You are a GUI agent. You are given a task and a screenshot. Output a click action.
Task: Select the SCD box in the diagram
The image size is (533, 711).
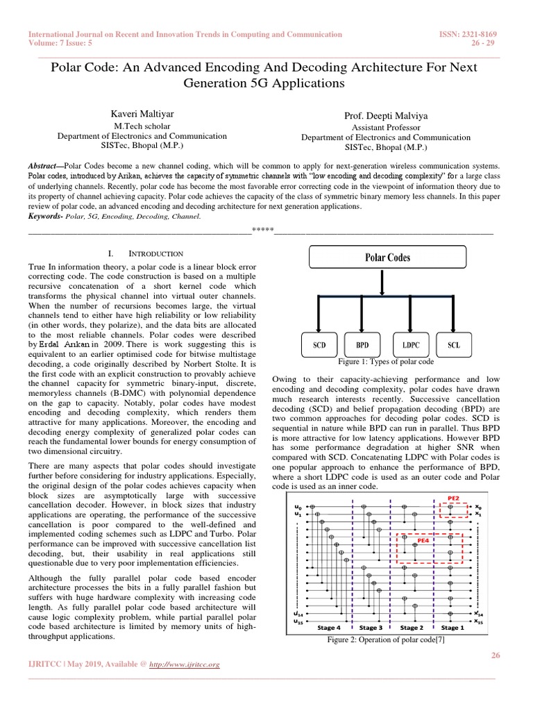[x=319, y=344]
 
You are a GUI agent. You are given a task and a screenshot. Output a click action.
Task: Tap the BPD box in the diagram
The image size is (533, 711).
[x=362, y=344]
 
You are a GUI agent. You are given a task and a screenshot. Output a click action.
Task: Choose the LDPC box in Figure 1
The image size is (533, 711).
[x=409, y=344]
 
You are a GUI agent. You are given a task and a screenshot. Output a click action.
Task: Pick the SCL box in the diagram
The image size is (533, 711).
[x=453, y=344]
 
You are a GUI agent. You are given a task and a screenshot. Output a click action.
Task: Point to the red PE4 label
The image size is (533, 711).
[x=422, y=539]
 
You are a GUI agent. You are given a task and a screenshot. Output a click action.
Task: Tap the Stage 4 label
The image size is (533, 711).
[x=328, y=627]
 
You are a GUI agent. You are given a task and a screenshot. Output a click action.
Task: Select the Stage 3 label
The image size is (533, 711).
[x=370, y=627]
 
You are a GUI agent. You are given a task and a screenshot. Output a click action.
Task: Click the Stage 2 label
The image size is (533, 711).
[x=412, y=627]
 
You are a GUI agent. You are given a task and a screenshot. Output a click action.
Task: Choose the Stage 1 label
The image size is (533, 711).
[x=452, y=627]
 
